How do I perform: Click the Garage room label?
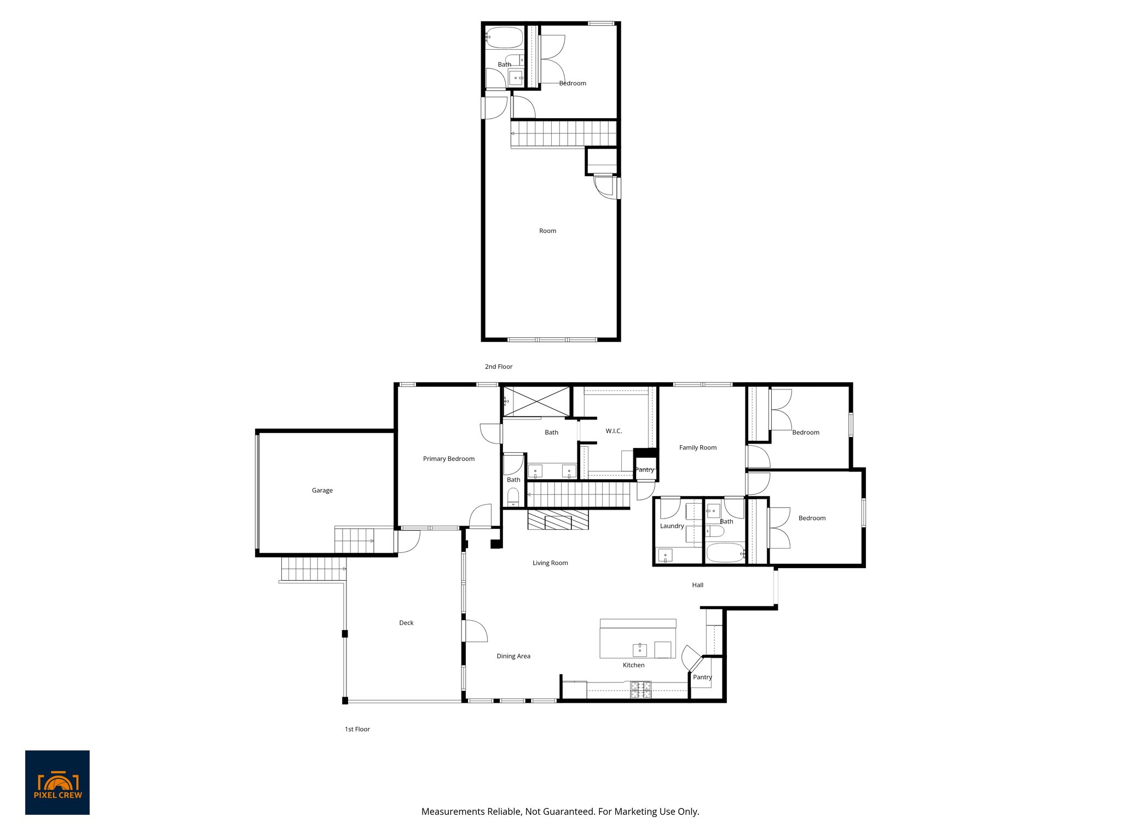pos(322,491)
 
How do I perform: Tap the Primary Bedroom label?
pos(448,459)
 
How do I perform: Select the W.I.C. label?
pos(614,431)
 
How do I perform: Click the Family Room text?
pos(697,447)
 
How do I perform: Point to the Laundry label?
pos(672,526)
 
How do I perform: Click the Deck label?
pos(406,623)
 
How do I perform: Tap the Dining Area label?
pos(513,656)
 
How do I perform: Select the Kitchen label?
pos(633,665)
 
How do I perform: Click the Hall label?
pos(697,585)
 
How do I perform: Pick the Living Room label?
pos(550,563)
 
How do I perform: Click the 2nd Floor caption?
pos(498,366)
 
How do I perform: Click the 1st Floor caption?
pos(357,729)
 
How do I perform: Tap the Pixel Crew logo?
pos(57,782)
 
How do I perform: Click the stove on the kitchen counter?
pos(640,690)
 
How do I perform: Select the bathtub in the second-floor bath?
pos(504,38)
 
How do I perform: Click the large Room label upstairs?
pos(547,231)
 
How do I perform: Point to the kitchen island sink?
pos(639,650)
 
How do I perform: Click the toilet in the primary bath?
pos(513,497)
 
